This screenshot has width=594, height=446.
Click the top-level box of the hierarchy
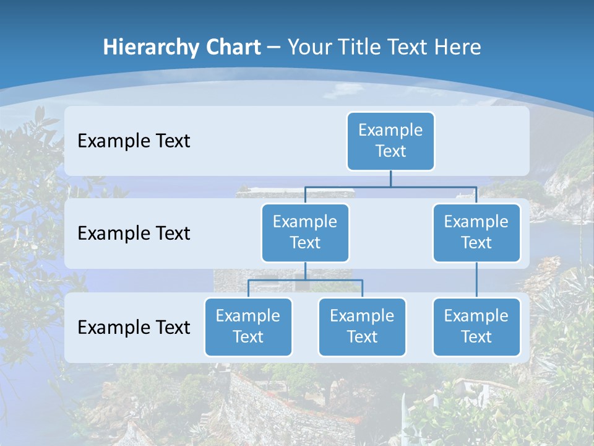390,141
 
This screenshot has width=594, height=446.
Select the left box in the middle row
305,233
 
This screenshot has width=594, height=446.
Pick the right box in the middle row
476,233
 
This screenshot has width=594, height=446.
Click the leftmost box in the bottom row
248,327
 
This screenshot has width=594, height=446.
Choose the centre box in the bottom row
362,327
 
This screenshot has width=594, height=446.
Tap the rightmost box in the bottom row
476,327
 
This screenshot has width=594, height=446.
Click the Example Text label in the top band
134,141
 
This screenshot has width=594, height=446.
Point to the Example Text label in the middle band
134,234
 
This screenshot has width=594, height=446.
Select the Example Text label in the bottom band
134,327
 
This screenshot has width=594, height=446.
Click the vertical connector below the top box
390,178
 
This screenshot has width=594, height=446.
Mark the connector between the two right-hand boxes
476,280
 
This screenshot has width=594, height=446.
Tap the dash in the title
274,47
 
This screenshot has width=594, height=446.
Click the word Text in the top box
390,152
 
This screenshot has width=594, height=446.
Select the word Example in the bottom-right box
476,317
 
